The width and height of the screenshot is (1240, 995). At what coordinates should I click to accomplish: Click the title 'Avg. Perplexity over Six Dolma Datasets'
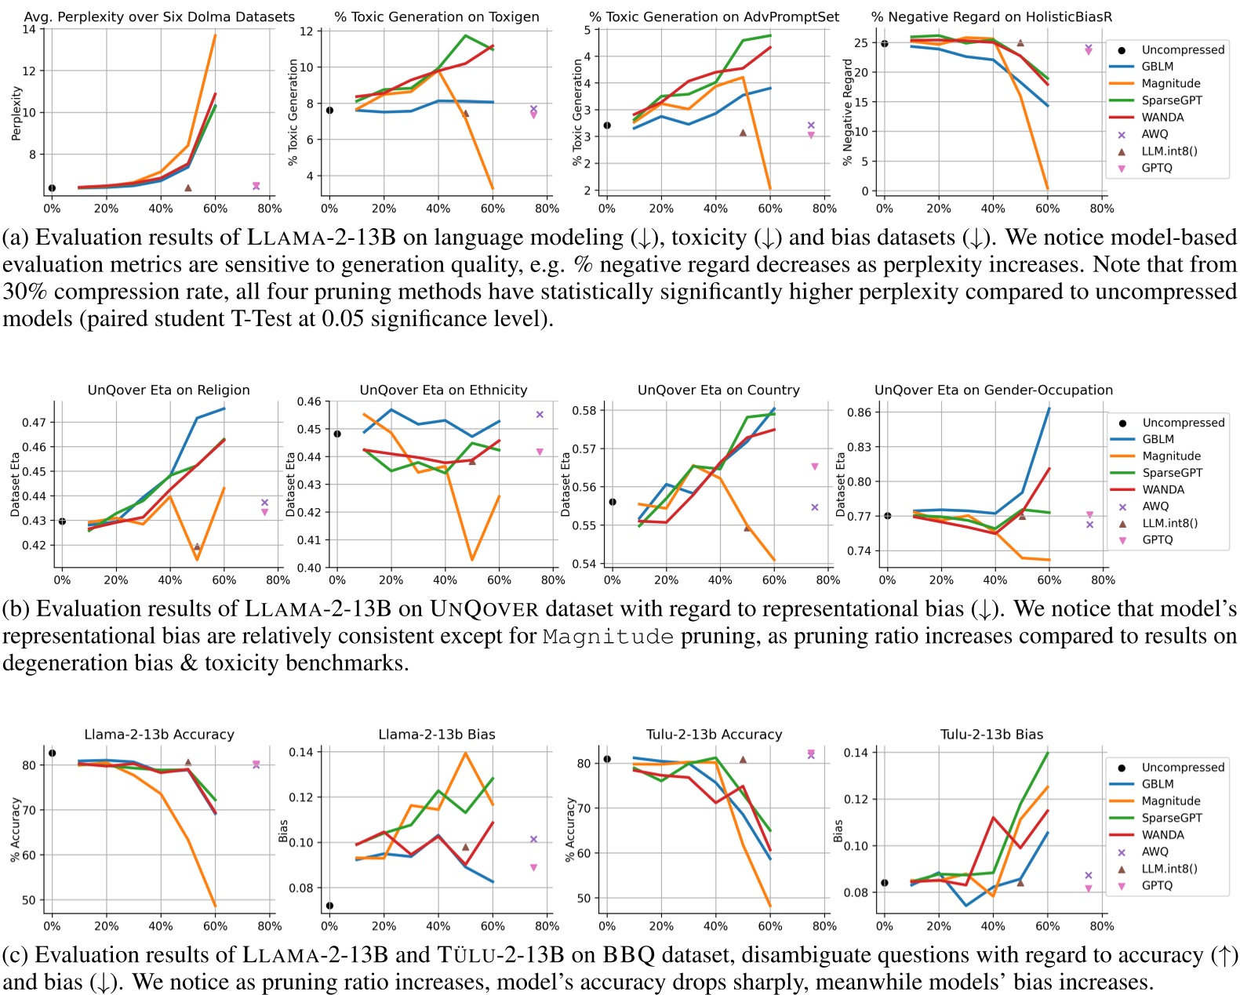[x=159, y=16]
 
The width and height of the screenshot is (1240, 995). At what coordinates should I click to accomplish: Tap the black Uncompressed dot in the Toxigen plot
[x=329, y=111]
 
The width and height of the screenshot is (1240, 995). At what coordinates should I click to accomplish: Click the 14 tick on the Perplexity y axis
[x=29, y=30]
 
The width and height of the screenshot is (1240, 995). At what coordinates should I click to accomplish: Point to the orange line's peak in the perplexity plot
[x=215, y=35]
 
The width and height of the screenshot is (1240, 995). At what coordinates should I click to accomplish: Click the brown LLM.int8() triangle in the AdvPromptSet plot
[x=743, y=133]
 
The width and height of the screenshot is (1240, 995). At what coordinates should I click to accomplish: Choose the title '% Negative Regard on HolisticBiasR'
[x=991, y=16]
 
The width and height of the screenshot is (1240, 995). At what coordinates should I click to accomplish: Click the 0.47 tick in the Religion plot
[x=34, y=423]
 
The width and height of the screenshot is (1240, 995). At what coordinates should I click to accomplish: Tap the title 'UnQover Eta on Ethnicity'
[x=443, y=390]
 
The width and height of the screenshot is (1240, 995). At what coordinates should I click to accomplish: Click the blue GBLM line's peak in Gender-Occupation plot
[x=1049, y=409]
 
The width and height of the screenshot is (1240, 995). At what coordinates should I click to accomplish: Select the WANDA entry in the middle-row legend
[x=1163, y=489]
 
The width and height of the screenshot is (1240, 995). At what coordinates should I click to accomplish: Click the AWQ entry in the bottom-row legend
[x=1155, y=852]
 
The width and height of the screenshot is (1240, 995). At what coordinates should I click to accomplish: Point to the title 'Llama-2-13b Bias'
[x=437, y=735]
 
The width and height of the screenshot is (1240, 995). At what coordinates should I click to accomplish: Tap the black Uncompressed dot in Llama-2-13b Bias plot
[x=329, y=906]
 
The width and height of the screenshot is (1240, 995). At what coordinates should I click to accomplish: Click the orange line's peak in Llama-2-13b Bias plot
[x=465, y=754]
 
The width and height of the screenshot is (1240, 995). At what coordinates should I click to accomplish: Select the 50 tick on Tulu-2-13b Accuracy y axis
[x=584, y=899]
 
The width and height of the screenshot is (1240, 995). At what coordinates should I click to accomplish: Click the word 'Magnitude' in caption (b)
[x=608, y=636]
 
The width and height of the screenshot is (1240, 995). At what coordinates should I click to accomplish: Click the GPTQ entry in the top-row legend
[x=1156, y=168]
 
